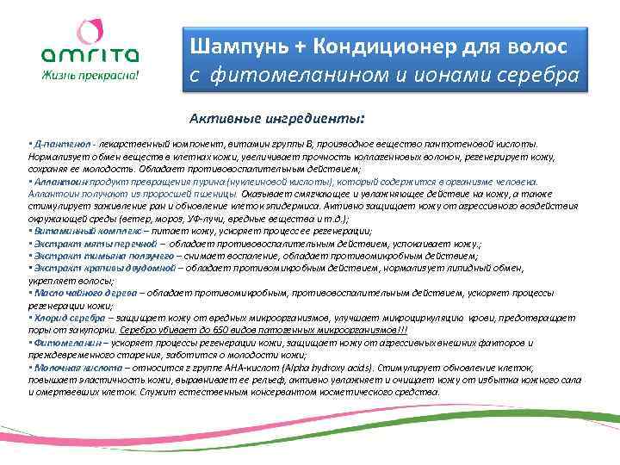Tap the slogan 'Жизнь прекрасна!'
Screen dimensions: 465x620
[x=89, y=73]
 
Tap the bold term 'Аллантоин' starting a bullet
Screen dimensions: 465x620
[x=57, y=182]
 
